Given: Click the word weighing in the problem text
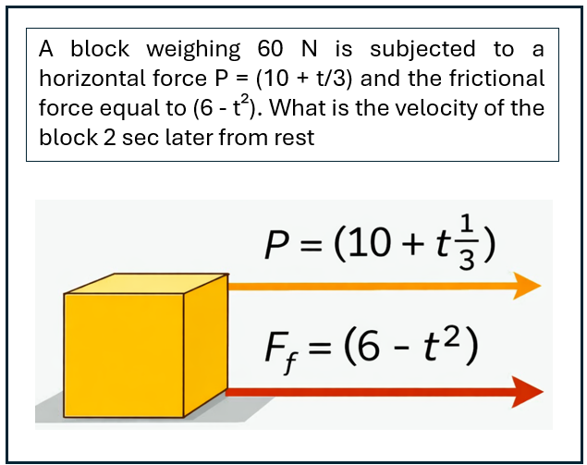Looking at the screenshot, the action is [x=193, y=50].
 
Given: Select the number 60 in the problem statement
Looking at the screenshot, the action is [x=270, y=49].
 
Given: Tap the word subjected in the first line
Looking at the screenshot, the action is [x=422, y=50].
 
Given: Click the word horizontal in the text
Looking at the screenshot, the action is [x=92, y=79].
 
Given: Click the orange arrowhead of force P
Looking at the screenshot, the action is [x=527, y=286].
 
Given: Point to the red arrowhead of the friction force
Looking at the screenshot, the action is [x=528, y=392].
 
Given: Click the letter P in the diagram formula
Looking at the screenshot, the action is [x=277, y=244].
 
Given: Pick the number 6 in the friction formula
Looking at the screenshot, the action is [x=368, y=348].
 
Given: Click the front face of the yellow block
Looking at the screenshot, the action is [x=124, y=355].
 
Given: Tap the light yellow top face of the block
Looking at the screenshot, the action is [x=146, y=284].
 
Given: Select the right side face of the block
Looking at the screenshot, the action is [x=205, y=345].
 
